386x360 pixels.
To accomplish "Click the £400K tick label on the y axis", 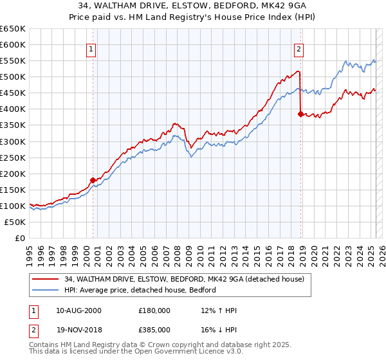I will click(x=13, y=109).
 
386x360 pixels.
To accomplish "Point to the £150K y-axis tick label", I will click(x=13, y=190).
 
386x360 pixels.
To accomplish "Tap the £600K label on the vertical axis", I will click(x=13, y=44).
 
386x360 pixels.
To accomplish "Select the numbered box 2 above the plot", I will click(x=299, y=48).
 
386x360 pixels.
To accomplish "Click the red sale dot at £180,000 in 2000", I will click(x=93, y=180).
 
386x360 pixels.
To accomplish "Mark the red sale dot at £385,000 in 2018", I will click(x=300, y=114).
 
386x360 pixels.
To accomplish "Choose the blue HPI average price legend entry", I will click(x=140, y=290).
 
